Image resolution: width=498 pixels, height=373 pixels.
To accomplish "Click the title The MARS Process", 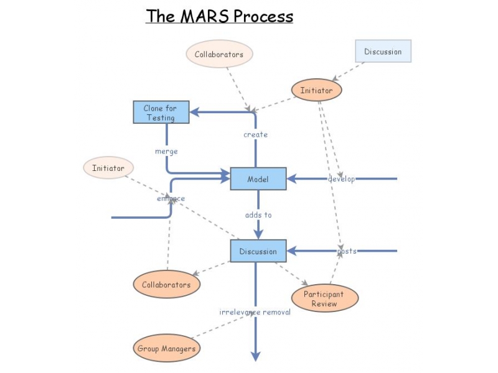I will point(219,16).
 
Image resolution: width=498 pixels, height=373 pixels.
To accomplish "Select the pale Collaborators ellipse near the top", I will point(219,54).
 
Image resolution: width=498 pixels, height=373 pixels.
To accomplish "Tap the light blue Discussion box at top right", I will point(383,52).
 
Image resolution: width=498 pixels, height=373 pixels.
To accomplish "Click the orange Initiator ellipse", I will point(316,90).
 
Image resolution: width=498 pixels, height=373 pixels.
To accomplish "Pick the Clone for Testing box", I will point(161,113).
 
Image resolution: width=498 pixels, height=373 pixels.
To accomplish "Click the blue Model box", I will point(258,179).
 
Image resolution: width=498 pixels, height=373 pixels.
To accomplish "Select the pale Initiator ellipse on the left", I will point(108,168).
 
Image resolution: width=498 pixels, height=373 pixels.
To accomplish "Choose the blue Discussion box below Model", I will point(258,251).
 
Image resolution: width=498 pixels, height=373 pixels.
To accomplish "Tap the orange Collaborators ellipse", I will point(166,285).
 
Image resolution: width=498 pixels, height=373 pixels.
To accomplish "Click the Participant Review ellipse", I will point(324,299).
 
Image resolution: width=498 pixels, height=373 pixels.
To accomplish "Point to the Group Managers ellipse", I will point(166,348).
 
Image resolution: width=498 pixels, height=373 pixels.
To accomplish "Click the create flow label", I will point(255,134).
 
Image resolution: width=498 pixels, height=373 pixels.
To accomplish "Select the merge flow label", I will point(166,151).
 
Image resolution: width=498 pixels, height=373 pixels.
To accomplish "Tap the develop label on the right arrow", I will point(341,179).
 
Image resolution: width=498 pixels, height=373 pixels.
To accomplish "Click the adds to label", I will point(258,214).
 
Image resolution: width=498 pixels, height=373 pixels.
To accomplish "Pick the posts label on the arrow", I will point(347,251).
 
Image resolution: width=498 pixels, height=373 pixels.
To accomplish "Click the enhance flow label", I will point(171,198).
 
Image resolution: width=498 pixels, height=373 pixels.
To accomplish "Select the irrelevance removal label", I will point(255,311).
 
